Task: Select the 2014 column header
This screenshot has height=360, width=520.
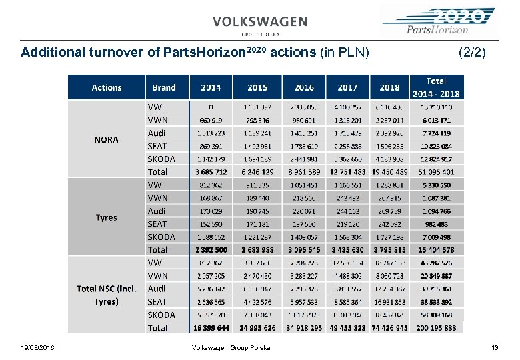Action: click(211, 87)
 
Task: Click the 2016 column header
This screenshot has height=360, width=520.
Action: click(304, 87)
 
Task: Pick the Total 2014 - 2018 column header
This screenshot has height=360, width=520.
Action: click(436, 87)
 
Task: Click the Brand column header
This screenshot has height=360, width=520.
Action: click(164, 87)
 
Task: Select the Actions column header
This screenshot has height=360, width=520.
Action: click(107, 87)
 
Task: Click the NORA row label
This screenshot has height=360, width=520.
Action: click(107, 139)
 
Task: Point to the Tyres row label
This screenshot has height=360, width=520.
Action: click(107, 217)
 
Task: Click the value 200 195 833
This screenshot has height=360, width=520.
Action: click(436, 328)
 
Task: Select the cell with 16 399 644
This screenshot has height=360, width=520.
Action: click(211, 328)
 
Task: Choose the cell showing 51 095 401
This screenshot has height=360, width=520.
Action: click(436, 171)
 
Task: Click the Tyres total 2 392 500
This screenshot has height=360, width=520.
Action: click(211, 250)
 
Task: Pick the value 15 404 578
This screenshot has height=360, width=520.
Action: click(436, 250)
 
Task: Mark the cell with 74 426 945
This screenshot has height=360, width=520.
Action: click(390, 328)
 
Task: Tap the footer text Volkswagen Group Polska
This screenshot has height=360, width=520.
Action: click(231, 347)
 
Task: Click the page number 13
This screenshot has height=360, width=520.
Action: click(495, 347)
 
